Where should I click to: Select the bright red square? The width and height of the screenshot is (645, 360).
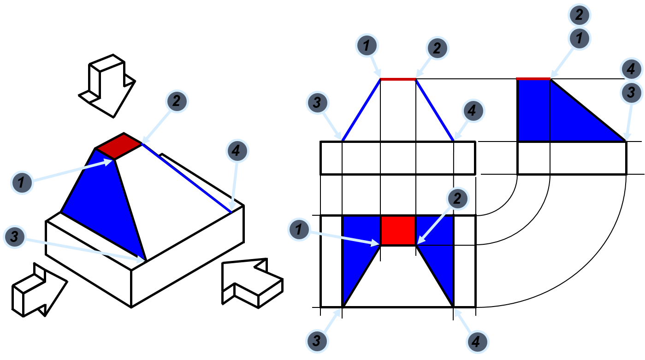398,230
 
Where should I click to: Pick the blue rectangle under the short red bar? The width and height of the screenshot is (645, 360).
534,111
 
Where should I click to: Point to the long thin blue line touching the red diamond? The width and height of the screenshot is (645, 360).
186,178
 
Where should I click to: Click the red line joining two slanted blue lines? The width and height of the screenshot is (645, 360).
398,79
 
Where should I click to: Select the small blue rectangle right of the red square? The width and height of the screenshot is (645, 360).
435,230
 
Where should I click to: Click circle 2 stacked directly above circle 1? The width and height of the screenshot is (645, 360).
580,16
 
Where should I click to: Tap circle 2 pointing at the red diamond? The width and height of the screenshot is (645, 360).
177,101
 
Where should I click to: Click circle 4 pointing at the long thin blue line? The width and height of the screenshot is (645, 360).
237,151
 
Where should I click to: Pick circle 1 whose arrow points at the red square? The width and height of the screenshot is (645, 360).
299,229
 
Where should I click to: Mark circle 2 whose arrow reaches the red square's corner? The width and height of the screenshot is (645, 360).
457,199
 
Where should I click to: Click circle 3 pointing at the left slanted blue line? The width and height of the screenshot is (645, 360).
317,102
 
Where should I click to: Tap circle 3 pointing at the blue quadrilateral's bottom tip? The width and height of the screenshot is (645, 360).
15,237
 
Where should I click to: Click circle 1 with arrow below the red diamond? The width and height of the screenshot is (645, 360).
22,183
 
